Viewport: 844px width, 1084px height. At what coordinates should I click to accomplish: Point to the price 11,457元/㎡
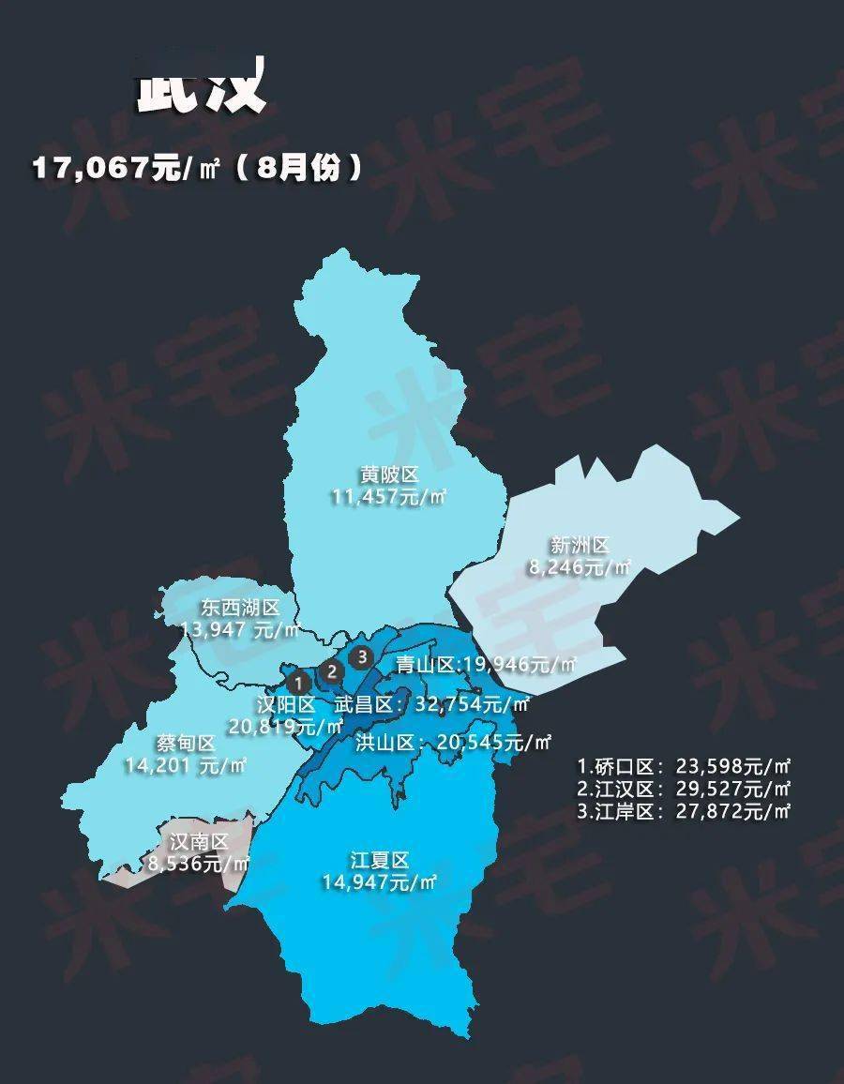pyautogui.click(x=388, y=496)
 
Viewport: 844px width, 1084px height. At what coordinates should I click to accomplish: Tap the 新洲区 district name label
pyautogui.click(x=580, y=545)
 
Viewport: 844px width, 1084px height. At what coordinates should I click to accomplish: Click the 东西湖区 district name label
pyautogui.click(x=241, y=608)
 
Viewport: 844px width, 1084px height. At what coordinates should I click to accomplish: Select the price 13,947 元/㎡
pyautogui.click(x=240, y=629)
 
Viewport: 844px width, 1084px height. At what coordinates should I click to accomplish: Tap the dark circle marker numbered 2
pyautogui.click(x=331, y=670)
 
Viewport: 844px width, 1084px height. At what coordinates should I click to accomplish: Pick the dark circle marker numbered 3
pyautogui.click(x=362, y=656)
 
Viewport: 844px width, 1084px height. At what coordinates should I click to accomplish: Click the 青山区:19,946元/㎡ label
pyautogui.click(x=485, y=666)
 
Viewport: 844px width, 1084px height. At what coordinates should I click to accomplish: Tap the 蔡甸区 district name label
pyautogui.click(x=187, y=744)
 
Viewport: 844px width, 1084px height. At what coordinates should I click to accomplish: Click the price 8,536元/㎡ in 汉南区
pyautogui.click(x=198, y=864)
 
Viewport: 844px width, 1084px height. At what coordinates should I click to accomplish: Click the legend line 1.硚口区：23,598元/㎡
pyautogui.click(x=684, y=766)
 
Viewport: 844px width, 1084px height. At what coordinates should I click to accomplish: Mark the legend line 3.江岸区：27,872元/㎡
pyautogui.click(x=684, y=811)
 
